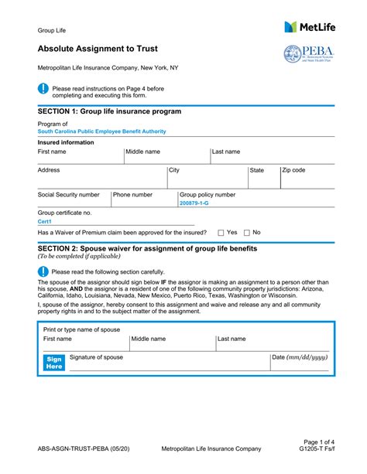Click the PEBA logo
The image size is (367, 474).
click(309, 55)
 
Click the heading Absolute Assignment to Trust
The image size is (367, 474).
click(98, 49)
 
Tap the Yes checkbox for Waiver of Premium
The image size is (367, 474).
click(221, 232)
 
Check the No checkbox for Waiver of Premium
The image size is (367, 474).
click(247, 232)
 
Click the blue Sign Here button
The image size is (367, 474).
click(54, 363)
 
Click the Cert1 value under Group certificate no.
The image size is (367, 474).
click(45, 221)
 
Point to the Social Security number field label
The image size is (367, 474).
click(69, 195)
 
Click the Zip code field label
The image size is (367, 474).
click(293, 170)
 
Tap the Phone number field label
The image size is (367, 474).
click(132, 195)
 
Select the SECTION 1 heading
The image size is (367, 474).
click(109, 111)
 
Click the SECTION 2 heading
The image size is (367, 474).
click(147, 248)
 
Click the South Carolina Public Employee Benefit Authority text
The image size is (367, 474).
click(103, 131)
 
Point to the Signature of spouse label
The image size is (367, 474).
click(96, 357)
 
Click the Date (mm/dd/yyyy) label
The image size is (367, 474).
click(300, 357)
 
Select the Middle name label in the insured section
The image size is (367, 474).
click(143, 152)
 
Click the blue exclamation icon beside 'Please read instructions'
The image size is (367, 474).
click(43, 89)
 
